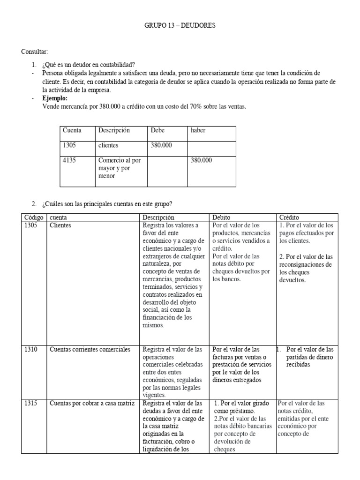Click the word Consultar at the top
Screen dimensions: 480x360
point(34,51)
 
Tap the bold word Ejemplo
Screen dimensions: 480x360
point(55,98)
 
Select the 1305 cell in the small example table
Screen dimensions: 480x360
point(69,145)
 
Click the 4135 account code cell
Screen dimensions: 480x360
point(69,160)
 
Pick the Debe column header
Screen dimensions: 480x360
point(157,130)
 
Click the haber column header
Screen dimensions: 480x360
point(198,130)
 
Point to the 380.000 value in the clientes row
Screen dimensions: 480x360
point(161,145)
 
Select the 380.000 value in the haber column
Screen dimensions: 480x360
point(201,160)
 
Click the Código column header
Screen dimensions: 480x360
point(33,217)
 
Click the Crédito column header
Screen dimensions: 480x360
point(290,217)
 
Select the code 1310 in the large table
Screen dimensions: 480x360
point(30,349)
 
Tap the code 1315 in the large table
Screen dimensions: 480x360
point(30,403)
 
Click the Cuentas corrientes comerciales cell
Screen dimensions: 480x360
point(90,349)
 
